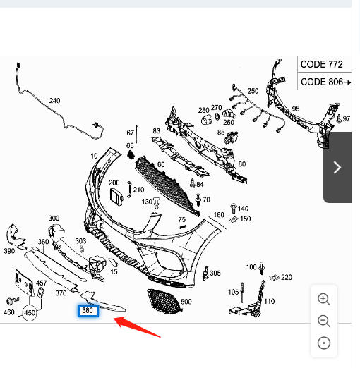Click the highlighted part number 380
coord(88,310)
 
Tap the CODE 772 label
coord(322,64)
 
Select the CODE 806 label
coord(322,82)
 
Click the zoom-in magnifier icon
coord(324,299)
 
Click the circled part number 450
coord(30,313)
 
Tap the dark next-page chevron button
coord(337,167)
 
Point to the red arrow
coord(137,327)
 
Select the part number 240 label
coord(54,101)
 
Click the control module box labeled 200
coord(116,196)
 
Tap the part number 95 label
coord(296,109)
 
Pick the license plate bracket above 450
coord(24,283)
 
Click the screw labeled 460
coord(13,300)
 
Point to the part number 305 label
coord(215,273)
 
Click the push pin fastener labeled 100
coord(261,268)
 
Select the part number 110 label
coord(270,301)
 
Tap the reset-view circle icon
coord(324,343)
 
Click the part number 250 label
coord(253,91)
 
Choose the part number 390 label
coord(9,251)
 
